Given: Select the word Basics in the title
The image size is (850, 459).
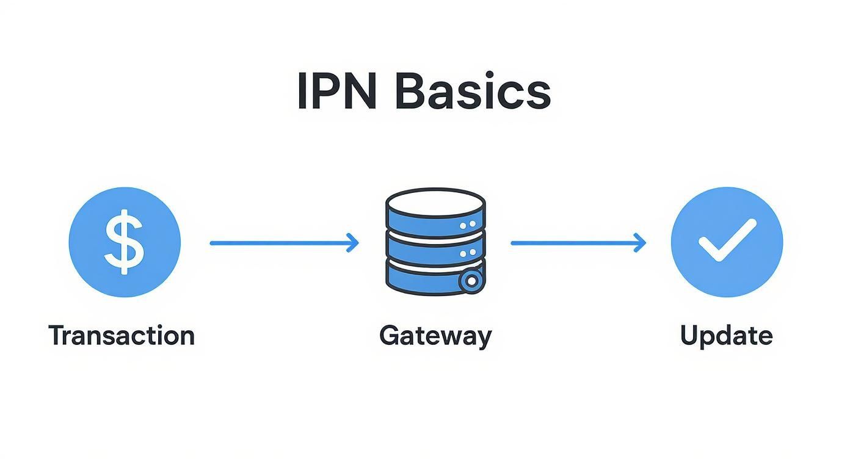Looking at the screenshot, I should [473, 92].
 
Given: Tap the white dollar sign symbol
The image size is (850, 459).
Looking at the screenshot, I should [124, 242].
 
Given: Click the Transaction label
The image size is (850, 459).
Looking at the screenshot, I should [122, 336].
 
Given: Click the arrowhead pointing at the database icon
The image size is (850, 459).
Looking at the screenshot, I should [353, 243].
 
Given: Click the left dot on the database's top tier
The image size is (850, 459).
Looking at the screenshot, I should [462, 226].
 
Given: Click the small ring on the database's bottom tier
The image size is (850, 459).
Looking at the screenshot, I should [470, 281].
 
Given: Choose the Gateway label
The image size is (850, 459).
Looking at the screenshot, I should [435, 336].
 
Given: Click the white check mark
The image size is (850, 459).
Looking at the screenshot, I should [727, 240].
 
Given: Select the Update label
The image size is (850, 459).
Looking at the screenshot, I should [726, 336].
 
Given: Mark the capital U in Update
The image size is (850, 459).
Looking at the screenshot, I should [689, 335].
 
